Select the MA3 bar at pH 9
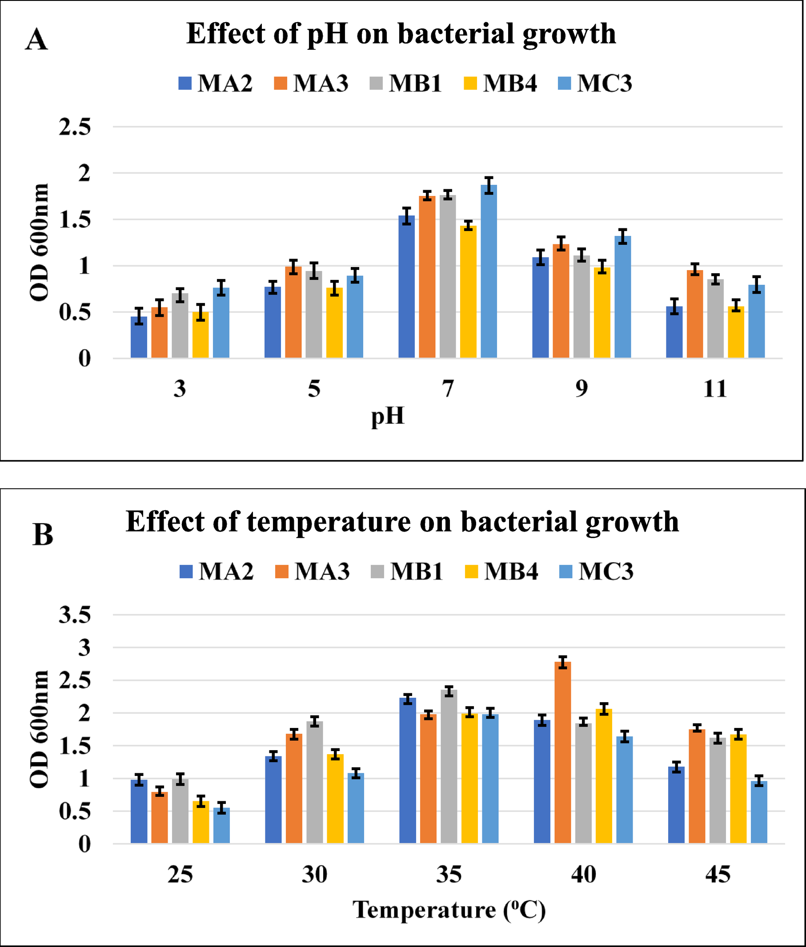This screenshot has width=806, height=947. coord(561,301)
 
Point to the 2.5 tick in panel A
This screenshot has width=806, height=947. coord(75,127)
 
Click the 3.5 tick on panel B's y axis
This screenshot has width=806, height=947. coord(75,615)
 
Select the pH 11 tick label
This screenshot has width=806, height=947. coord(714,389)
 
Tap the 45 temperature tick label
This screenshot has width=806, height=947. coord(718,875)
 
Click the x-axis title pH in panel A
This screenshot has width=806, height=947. coord(388,416)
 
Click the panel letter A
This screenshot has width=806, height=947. coord(36,40)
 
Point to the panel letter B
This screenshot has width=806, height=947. coord(43,534)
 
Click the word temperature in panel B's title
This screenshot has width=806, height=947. coord(329,521)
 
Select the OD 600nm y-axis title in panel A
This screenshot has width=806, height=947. coord(39,242)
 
